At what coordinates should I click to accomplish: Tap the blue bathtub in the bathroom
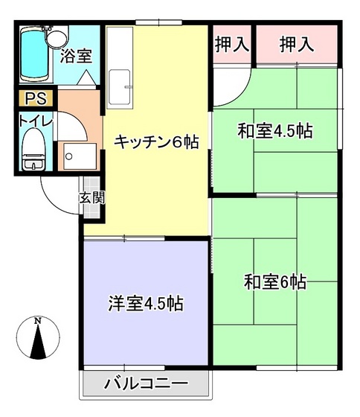(32, 57)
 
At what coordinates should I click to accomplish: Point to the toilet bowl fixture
(33, 152)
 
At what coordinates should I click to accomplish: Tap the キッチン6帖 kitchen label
(155, 142)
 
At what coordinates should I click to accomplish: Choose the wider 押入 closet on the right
(297, 45)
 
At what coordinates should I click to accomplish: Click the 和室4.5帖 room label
(274, 131)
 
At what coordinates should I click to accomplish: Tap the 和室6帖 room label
(274, 282)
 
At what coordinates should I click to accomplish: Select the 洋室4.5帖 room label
(146, 303)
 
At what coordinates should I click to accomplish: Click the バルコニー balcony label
(146, 385)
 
